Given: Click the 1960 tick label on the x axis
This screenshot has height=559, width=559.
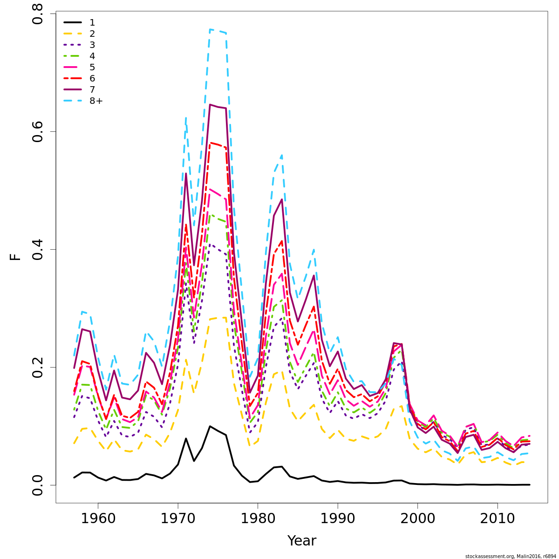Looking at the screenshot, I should point(98,518).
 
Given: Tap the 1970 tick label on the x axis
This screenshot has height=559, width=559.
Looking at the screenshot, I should point(178,518).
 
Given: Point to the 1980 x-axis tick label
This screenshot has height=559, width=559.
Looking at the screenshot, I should point(258,518).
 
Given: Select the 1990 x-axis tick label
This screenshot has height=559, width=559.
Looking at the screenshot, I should point(338,518).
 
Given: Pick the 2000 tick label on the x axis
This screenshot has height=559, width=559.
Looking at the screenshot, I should point(417,518).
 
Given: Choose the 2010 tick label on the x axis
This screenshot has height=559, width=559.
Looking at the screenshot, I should point(498,518).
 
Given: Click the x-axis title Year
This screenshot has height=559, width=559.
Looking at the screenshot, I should point(302,541).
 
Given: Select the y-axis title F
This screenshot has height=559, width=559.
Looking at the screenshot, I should point(16,256).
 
